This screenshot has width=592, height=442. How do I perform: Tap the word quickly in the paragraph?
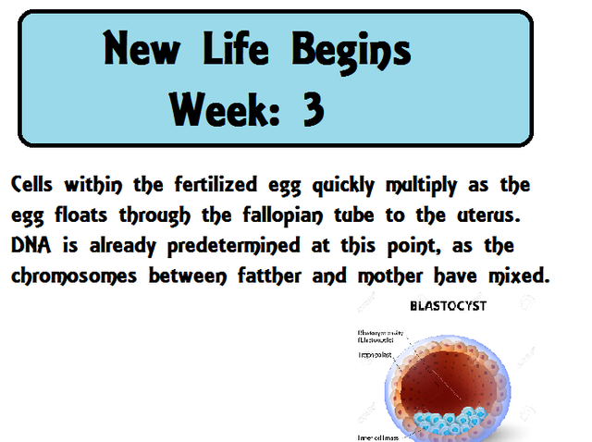click(341, 186)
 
